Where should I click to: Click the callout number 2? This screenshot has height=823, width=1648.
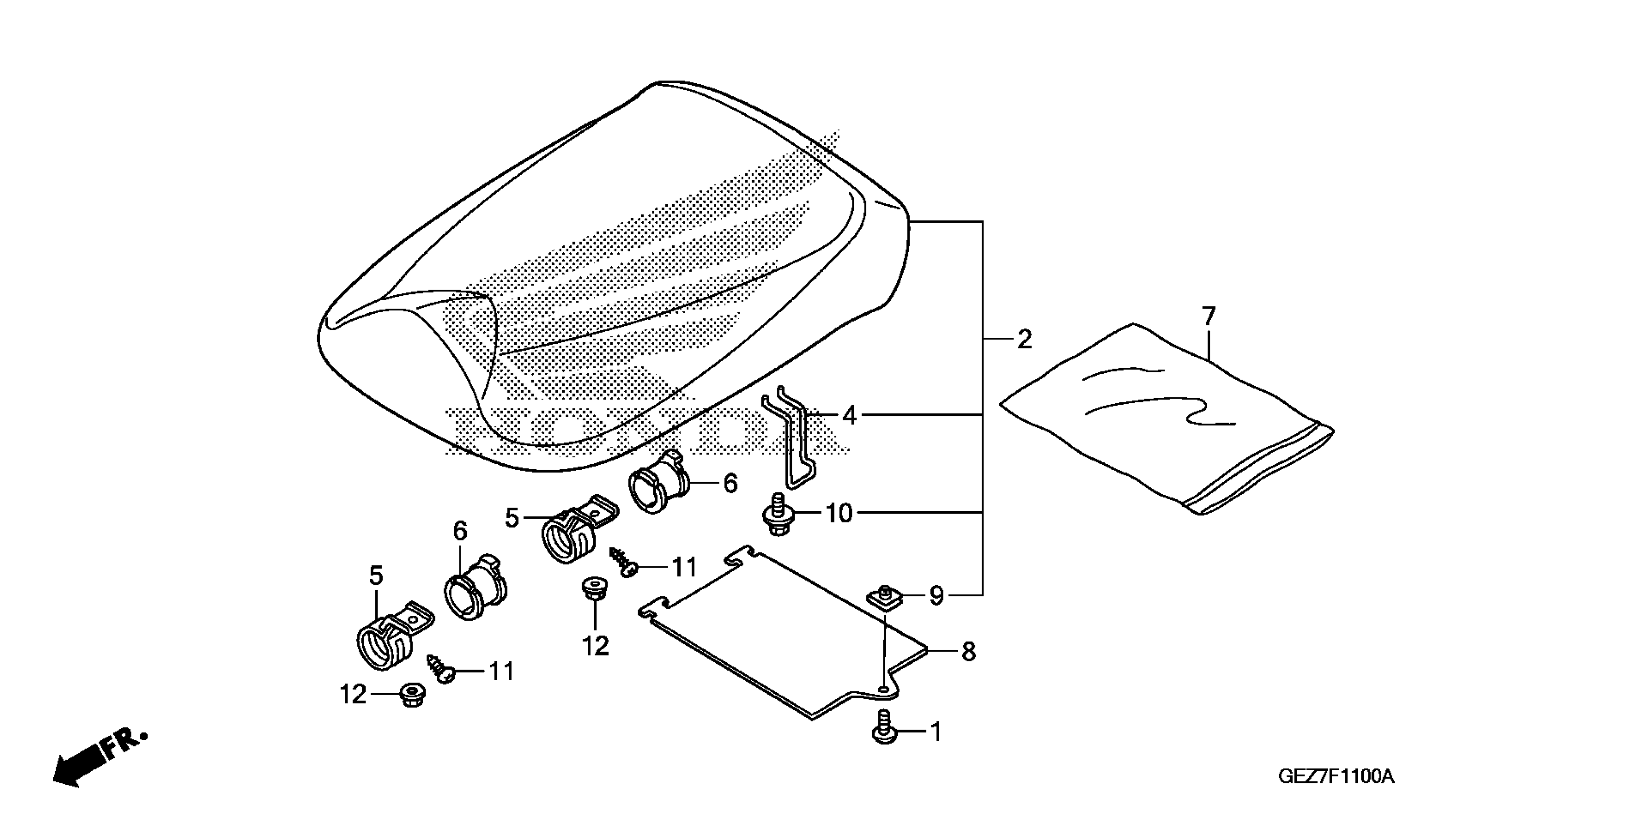[1024, 339]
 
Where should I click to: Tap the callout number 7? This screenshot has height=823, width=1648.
[1208, 317]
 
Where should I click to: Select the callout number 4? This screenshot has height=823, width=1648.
[849, 416]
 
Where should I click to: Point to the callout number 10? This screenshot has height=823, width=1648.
[839, 513]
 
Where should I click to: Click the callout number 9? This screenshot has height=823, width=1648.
[936, 596]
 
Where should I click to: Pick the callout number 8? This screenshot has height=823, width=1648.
[969, 652]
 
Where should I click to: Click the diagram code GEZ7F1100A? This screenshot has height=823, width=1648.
[1336, 777]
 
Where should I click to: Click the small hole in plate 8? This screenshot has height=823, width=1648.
[883, 689]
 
